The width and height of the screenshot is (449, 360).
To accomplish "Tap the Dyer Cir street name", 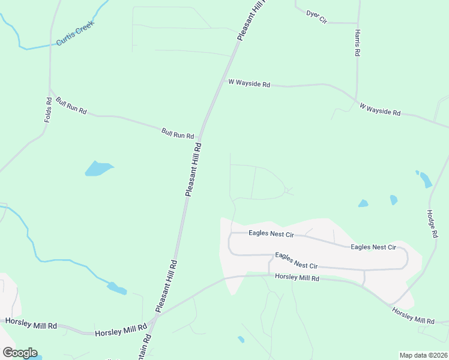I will (x=316, y=17).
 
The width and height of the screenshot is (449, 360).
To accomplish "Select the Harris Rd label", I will (x=357, y=42).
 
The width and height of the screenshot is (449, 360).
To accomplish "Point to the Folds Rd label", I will (x=49, y=110).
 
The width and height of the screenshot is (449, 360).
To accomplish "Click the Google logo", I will (x=20, y=353).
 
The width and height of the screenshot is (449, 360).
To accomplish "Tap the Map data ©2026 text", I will (x=424, y=355).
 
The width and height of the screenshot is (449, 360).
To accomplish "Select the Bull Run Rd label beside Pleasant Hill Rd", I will (x=178, y=133).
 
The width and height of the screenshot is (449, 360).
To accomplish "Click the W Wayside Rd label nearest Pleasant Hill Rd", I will (x=250, y=84).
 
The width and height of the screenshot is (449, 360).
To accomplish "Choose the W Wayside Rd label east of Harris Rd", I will (x=380, y=109).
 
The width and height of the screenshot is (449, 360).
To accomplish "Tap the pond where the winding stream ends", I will (x=117, y=289).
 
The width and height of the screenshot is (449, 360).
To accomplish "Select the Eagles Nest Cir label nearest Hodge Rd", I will (x=373, y=247).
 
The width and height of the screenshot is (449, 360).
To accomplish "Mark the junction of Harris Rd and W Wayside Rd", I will (x=356, y=100).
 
